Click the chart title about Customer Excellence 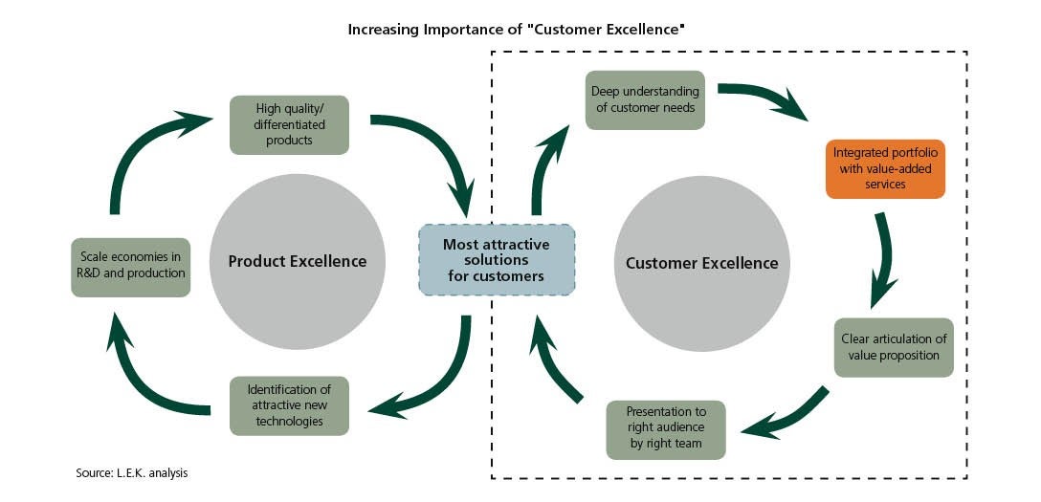tap(516, 30)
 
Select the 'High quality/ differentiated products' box tap(289, 124)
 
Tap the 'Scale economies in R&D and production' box tap(131, 267)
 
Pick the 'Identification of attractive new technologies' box tap(289, 405)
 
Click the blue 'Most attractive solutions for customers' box tap(496, 259)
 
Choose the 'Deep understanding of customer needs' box tap(645, 99)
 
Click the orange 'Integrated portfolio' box tap(885, 169)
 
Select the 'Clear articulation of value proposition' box tap(894, 347)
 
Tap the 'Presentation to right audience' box tap(666, 429)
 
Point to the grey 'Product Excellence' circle tap(298, 261)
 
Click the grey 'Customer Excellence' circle tap(701, 263)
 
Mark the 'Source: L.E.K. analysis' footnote tap(132, 473)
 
